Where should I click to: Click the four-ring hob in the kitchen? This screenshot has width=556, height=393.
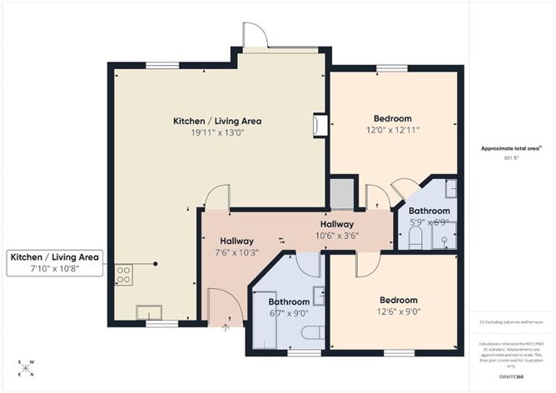pyautogui.click(x=123, y=274)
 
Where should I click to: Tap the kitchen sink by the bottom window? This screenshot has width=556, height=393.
pyautogui.click(x=149, y=313)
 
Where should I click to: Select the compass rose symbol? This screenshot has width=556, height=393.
pyautogui.click(x=27, y=368)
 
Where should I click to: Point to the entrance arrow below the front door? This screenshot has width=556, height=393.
pyautogui.click(x=226, y=327)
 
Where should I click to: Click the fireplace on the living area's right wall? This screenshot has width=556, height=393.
pyautogui.click(x=317, y=124)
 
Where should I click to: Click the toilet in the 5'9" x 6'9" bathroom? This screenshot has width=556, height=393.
pyautogui.click(x=416, y=238)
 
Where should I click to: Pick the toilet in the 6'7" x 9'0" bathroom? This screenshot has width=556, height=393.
pyautogui.click(x=313, y=333)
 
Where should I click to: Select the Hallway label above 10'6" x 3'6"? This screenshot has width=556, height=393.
pyautogui.click(x=337, y=224)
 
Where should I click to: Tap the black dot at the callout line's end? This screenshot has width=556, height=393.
pyautogui.click(x=156, y=264)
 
